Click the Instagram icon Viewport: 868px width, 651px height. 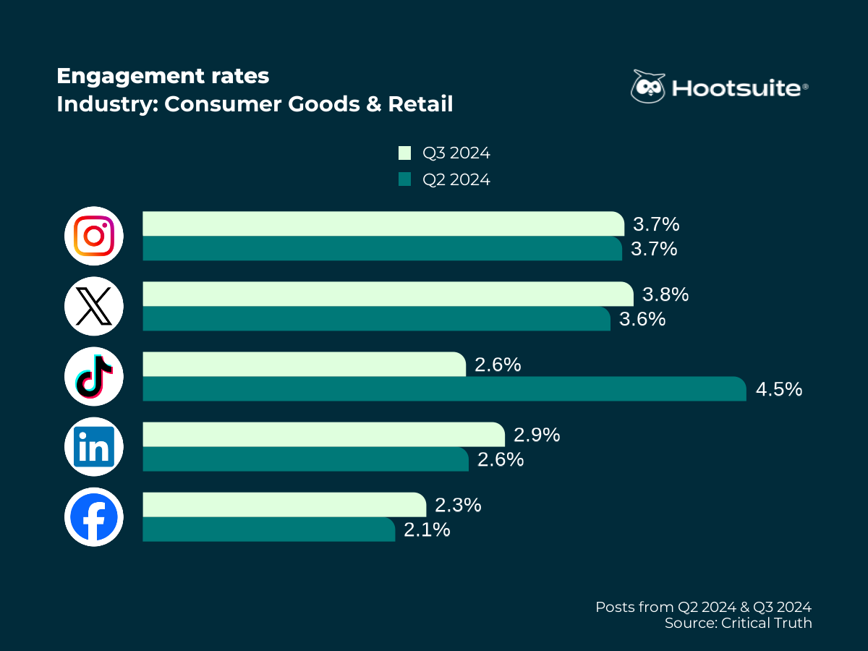[x=94, y=236]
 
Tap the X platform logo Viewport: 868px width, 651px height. [x=94, y=306]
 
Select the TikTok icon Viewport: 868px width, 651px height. [x=94, y=376]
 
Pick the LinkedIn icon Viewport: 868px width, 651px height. [x=94, y=446]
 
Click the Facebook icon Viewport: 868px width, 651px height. [x=94, y=516]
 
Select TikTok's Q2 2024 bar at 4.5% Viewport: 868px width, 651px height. [x=443, y=388]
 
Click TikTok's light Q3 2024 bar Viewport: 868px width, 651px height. [x=304, y=365]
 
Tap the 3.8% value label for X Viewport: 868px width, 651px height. [x=665, y=294]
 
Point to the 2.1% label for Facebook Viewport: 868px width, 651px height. [x=427, y=529]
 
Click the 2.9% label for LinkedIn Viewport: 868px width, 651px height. [x=537, y=435]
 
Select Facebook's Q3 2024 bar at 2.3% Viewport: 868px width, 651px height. [x=284, y=505]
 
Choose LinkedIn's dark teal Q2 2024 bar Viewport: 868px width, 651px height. [x=305, y=459]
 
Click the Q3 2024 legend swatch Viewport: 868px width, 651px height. [x=404, y=153]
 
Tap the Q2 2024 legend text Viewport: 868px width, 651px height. [x=456, y=179]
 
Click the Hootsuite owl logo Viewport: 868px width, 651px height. [x=647, y=87]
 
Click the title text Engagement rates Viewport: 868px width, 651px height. [x=163, y=76]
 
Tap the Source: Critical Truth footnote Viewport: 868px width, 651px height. [x=738, y=623]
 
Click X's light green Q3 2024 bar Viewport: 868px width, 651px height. [x=388, y=294]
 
